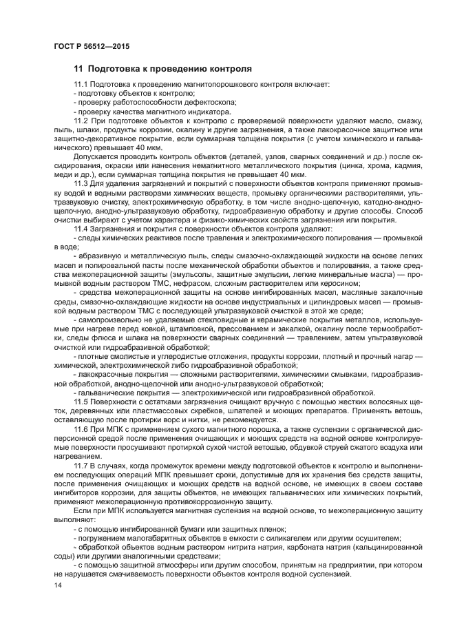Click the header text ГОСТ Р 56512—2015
click(91, 47)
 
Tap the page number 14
click(57, 585)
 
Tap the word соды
click(64, 556)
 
